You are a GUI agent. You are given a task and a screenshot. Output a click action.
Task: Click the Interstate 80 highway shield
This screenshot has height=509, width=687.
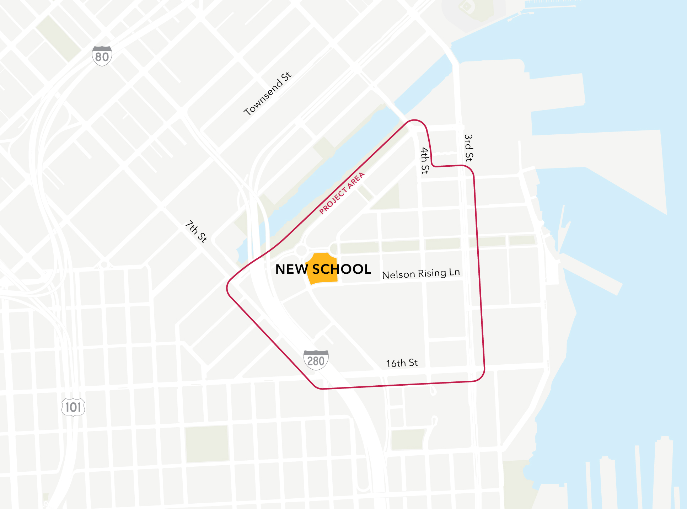point(102,56)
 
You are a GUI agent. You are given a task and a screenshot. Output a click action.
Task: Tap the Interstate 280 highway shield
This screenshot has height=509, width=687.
point(316,360)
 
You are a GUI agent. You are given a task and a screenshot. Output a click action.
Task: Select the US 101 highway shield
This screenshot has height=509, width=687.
point(73,407)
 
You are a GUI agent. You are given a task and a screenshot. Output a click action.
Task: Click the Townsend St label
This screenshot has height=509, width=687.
point(268,94)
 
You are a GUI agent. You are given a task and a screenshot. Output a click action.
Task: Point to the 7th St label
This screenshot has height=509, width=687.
point(196,231)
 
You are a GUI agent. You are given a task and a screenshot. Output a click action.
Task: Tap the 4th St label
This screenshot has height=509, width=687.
point(425,160)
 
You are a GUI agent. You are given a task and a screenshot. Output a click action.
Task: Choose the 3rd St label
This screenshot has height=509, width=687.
point(469,148)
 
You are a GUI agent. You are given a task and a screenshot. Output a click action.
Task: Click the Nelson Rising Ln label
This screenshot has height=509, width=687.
point(421,274)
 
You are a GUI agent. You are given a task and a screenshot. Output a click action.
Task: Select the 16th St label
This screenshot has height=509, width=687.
point(402,363)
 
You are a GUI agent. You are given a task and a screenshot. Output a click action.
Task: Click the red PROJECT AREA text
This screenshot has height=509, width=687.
point(342,193)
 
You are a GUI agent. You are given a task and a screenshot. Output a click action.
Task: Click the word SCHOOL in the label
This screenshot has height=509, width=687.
point(342,269)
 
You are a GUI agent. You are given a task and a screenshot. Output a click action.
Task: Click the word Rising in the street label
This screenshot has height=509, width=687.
point(432,273)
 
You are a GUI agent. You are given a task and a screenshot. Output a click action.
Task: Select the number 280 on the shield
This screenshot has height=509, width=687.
point(316,361)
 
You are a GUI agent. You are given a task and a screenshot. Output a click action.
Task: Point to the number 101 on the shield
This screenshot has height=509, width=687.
point(73,407)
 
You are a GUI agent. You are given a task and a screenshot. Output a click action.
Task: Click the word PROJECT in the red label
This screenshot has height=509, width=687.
point(333,201)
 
